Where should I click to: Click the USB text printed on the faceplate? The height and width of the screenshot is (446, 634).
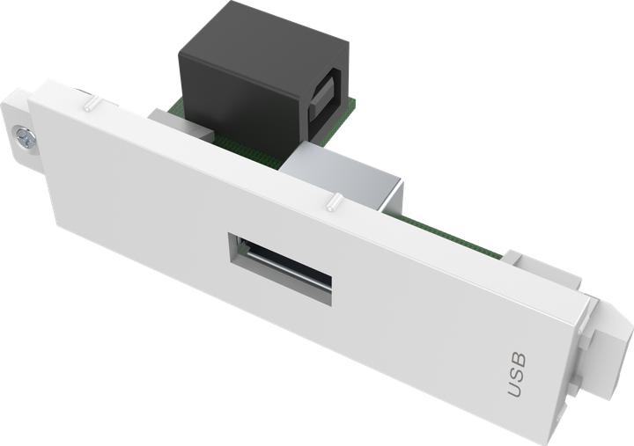click(517, 374)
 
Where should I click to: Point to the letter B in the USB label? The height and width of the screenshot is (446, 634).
click(518, 359)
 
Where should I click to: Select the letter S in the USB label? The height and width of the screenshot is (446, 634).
click(517, 374)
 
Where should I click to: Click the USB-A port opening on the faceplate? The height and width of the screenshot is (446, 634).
click(281, 267)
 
